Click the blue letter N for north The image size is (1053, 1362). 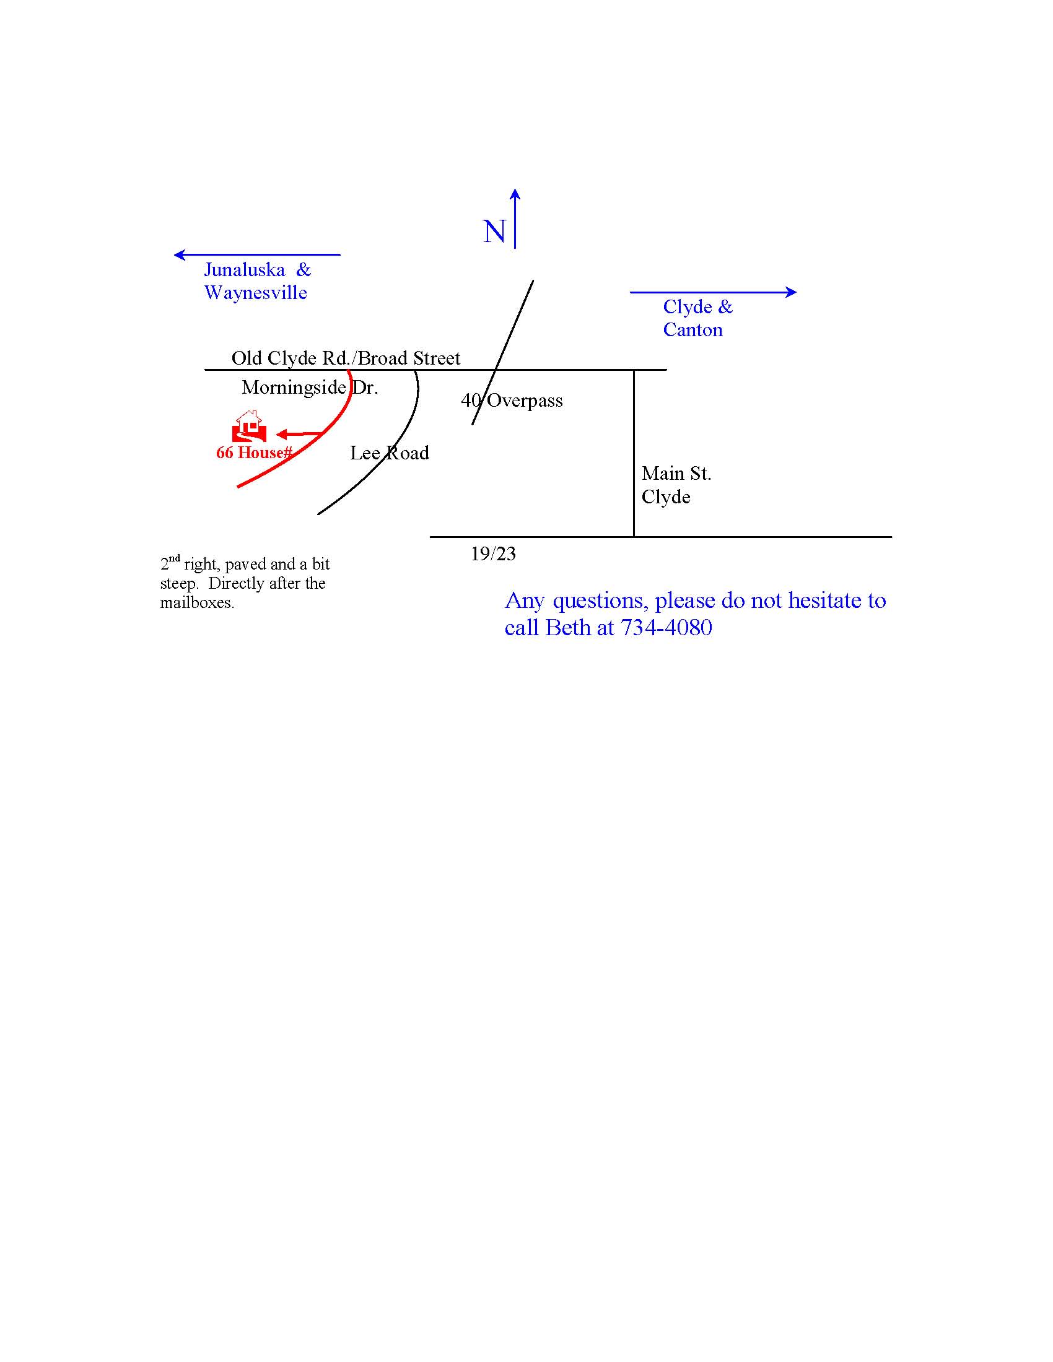click(x=495, y=232)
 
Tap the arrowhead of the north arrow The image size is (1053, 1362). click(x=515, y=194)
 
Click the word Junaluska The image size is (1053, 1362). click(x=245, y=269)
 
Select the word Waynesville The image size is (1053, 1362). click(x=256, y=293)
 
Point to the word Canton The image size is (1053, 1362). click(x=693, y=330)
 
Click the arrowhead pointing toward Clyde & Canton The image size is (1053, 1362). click(x=791, y=292)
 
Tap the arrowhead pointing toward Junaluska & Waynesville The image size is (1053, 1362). click(x=180, y=254)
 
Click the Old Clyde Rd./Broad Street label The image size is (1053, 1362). click(x=346, y=358)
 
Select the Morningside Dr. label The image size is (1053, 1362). click(x=310, y=388)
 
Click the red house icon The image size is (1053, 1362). click(x=250, y=427)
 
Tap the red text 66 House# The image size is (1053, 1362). click(x=254, y=453)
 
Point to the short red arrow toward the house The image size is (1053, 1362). click(x=299, y=434)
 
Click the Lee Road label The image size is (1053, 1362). click(x=389, y=453)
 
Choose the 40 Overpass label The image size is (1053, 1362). click(x=512, y=401)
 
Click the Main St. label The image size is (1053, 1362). click(x=676, y=474)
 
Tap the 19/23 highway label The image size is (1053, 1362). click(x=493, y=554)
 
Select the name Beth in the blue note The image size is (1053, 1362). click(x=567, y=627)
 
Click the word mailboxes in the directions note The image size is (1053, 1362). click(x=197, y=603)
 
